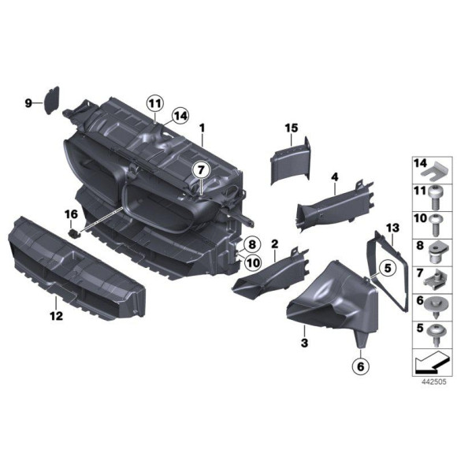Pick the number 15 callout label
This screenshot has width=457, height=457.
(x=291, y=128)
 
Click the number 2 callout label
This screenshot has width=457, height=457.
(x=274, y=245)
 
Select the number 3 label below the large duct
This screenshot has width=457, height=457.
(x=303, y=344)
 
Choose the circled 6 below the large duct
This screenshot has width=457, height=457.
(x=360, y=366)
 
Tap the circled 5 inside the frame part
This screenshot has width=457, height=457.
(x=387, y=269)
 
